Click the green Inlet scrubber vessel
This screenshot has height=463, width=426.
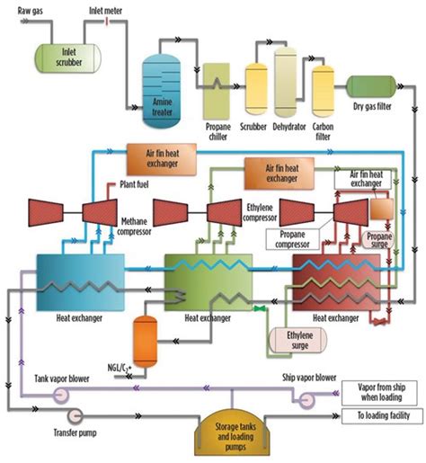click(x=68, y=58)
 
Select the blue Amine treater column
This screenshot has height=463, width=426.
click(x=162, y=91)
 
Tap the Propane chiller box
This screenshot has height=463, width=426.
click(x=217, y=91)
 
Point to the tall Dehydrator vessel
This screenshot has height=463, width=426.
click(x=286, y=82)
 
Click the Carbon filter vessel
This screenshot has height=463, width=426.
click(x=323, y=91)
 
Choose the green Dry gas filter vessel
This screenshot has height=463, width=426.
click(x=371, y=86)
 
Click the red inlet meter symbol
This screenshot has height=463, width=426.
click(x=106, y=22)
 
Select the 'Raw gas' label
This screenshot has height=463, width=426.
click(x=31, y=11)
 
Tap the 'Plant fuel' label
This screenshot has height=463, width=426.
click(x=134, y=184)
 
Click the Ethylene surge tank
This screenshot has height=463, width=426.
click(x=298, y=340)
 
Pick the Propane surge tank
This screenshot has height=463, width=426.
click(x=379, y=240)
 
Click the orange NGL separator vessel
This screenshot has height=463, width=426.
click(x=145, y=342)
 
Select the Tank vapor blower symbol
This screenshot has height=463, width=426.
click(x=61, y=395)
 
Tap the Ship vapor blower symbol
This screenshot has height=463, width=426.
click(x=306, y=399)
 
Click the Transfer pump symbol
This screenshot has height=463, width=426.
click(x=75, y=415)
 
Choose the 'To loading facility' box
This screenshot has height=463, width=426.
click(x=382, y=416)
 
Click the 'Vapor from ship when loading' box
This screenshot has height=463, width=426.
click(x=379, y=393)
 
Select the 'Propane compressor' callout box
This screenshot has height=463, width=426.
click(x=292, y=239)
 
